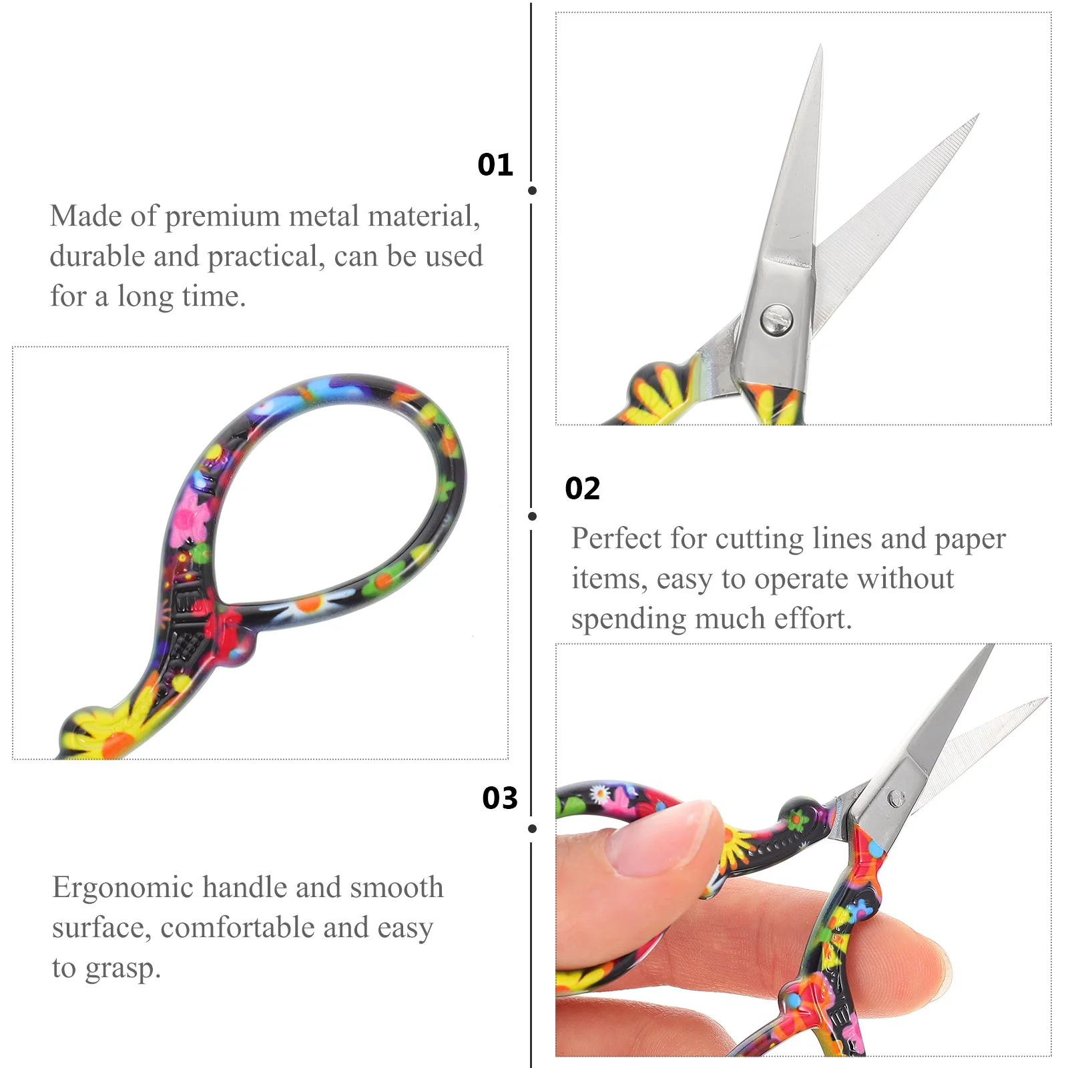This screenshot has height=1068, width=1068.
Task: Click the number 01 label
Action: point(495,165)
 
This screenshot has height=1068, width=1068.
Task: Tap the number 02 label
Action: point(583,489)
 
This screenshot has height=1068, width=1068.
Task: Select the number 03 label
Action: point(500,798)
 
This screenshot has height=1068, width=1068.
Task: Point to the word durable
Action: point(97,256)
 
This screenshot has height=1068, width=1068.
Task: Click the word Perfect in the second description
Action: point(617,538)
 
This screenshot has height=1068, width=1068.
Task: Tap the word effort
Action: point(813,619)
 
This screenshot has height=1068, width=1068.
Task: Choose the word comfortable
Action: point(264,928)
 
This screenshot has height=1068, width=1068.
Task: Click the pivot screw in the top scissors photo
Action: point(777,319)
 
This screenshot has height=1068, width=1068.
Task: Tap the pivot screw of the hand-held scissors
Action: point(894,798)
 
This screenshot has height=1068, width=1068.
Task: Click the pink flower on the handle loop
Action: point(190,519)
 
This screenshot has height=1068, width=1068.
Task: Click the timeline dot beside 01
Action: point(532,190)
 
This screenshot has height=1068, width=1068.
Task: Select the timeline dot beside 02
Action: point(532,516)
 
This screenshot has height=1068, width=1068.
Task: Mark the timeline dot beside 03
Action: point(532,828)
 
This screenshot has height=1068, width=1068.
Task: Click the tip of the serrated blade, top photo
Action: point(979,115)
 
